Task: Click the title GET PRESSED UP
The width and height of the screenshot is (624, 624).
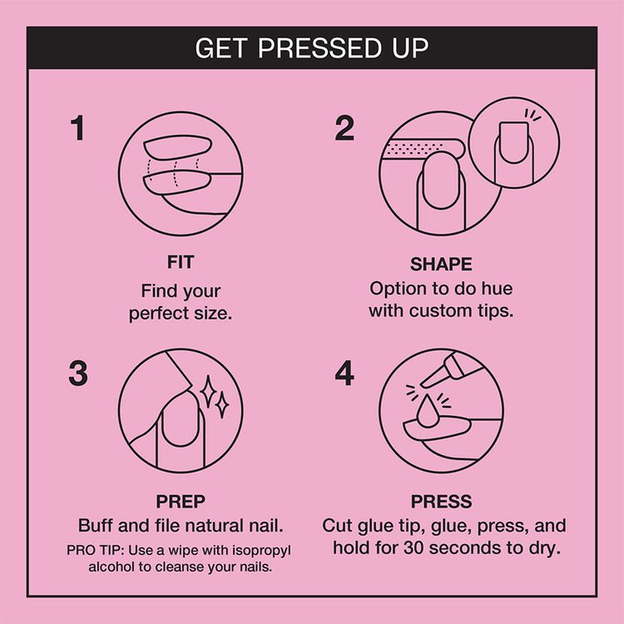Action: [312, 47]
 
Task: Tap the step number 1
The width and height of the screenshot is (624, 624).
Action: [77, 129]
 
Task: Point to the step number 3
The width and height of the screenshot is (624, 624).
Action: [77, 374]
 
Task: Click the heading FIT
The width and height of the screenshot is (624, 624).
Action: [181, 263]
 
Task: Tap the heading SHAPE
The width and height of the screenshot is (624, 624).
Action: [441, 265]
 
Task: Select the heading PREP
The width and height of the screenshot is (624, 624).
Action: [181, 502]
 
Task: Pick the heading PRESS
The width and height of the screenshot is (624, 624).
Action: [441, 502]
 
